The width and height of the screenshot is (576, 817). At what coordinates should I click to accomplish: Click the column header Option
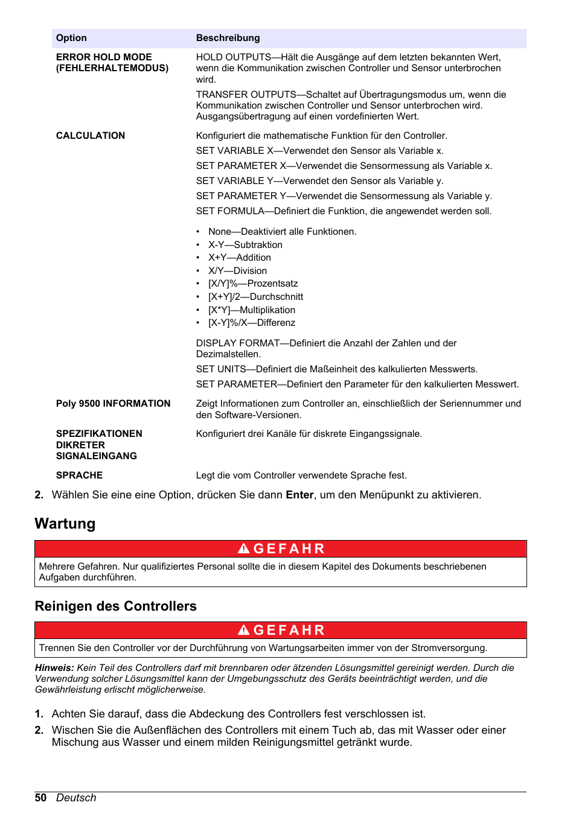pos(71,38)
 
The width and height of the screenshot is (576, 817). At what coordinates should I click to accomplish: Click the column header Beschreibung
pos(228,38)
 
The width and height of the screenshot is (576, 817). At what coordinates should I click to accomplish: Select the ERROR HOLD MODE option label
pos(104,57)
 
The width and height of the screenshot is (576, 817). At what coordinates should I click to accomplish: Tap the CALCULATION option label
pos(91,136)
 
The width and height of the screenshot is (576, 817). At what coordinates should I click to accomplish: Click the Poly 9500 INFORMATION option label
pos(113,404)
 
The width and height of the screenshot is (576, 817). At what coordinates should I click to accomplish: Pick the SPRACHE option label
pos(79,475)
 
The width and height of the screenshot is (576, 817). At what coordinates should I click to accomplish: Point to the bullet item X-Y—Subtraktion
pos(245,245)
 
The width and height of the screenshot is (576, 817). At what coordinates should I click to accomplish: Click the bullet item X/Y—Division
pos(237,271)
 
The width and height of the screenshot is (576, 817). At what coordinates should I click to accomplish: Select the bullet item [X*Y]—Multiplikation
pos(252,310)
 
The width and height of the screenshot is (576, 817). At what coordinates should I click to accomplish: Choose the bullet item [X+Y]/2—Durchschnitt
pos(255,297)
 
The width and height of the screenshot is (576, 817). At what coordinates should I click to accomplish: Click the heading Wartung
pos(65,524)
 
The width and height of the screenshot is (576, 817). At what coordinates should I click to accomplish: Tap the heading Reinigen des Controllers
pos(116,606)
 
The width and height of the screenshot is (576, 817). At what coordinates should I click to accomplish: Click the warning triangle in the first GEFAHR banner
pos(243,548)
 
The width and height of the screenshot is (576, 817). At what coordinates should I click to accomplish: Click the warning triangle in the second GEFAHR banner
pos(243,630)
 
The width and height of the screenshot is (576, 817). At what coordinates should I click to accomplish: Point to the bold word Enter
pos(299,495)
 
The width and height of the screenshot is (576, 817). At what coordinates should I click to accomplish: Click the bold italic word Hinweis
pos(54,668)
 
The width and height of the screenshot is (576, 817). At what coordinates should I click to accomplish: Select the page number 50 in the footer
pos(40,798)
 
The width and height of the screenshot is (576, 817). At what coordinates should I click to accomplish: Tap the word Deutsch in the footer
pos(76,798)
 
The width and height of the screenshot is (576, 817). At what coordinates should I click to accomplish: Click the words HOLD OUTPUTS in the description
pos(234,57)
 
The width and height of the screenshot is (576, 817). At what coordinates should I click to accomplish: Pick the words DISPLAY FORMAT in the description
pos(238,343)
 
